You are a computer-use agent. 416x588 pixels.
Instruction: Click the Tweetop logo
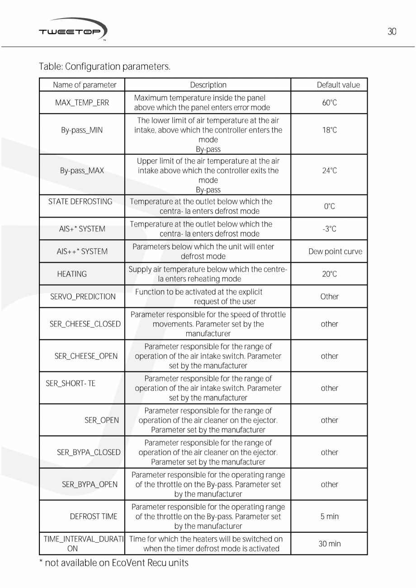pos(72,30)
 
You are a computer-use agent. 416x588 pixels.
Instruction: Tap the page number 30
pos(392,32)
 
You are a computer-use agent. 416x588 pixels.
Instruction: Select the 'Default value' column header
pos(338,85)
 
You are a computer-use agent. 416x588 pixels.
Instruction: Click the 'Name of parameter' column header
pos(85,85)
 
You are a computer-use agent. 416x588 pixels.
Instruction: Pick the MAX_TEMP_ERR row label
pos(82,103)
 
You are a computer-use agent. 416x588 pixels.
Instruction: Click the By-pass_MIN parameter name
pos(82,130)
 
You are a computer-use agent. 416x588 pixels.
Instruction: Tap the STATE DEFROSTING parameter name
pos(80,202)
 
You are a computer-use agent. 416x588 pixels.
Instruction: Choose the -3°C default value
pos(330,229)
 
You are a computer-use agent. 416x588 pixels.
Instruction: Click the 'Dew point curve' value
pos(335,251)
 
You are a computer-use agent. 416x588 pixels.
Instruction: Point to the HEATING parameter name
pos(72,274)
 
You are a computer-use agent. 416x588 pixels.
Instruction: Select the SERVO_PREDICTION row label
pos(83,297)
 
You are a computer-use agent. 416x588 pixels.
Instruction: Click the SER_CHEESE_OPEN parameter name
pos(86,356)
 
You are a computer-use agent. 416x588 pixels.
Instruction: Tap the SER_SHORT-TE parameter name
pos(71,384)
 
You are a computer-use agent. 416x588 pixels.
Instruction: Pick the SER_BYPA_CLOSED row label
pos(89,452)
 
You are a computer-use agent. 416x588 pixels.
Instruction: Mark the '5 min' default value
pos(329,517)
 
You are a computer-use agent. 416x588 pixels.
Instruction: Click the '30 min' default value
pos(329,544)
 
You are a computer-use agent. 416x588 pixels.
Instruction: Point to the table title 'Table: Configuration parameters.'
pos(104,67)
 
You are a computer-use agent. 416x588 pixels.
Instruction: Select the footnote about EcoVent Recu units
pos(113,563)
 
